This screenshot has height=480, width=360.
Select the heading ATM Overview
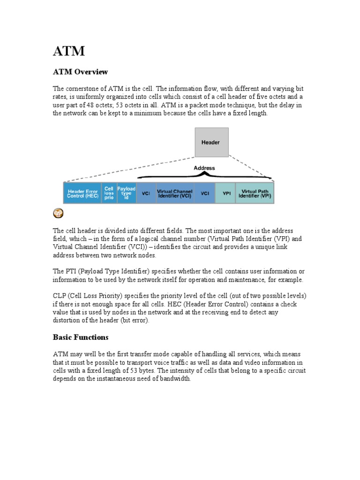[80, 72]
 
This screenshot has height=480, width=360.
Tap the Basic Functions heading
[80, 337]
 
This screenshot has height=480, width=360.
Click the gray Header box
[211, 142]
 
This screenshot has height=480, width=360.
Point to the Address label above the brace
[204, 168]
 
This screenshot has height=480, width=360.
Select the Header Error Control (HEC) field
[83, 193]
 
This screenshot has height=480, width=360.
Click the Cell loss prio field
[109, 193]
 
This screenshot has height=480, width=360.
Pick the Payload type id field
[126, 193]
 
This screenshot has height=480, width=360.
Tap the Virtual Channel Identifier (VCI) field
[174, 193]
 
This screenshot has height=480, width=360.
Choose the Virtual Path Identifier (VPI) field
[255, 193]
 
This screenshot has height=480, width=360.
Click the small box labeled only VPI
[226, 193]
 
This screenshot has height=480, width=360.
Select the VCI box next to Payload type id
[146, 193]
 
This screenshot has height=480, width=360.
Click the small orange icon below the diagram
[58, 213]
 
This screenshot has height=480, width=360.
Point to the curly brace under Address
[204, 175]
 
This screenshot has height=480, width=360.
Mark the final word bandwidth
[176, 379]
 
